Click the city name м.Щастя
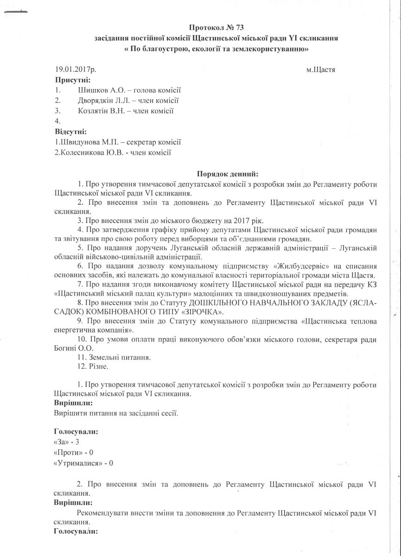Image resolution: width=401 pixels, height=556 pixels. [x=321, y=70]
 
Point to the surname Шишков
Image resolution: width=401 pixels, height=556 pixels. [x=93, y=90]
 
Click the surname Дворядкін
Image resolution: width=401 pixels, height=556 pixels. [x=98, y=101]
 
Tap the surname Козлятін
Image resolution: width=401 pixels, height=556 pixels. [x=95, y=111]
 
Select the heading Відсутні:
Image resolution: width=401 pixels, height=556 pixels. [x=71, y=131]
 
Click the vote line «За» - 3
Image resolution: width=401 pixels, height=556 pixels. [x=67, y=442]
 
